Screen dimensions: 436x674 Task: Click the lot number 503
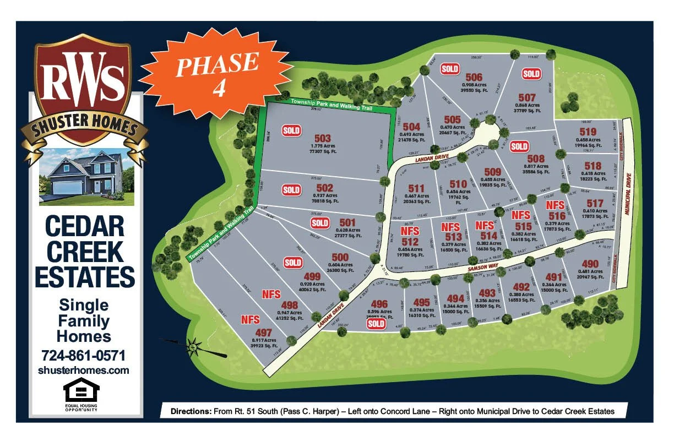pos(322,138)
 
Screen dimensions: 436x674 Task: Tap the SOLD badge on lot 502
pos(291,190)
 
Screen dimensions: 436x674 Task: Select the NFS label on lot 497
pos(251,319)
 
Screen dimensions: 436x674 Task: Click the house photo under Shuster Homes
pos(86,176)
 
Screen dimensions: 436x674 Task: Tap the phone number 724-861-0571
pos(84,355)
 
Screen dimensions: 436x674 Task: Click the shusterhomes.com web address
pos(84,370)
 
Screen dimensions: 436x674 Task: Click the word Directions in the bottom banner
pos(191,411)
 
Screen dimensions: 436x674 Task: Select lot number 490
pos(589,264)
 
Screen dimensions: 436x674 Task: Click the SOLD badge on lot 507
pos(531,74)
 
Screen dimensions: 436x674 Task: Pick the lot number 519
pos(588,132)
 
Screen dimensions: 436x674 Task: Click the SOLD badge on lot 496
pos(377,324)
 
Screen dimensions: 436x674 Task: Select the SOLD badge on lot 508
pos(519,146)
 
